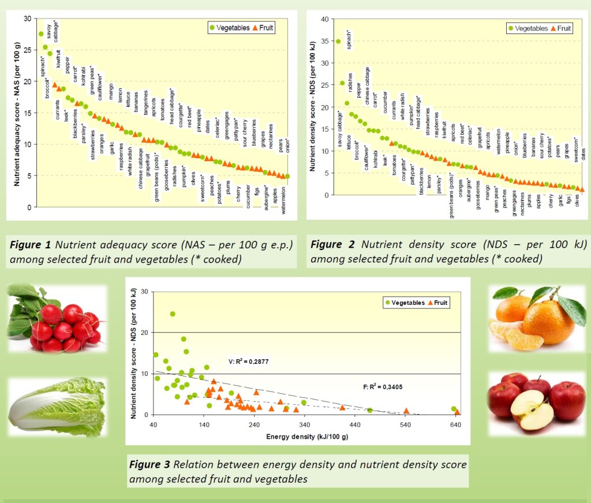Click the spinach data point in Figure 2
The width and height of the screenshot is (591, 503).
click(338, 41)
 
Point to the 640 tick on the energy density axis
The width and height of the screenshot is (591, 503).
click(455, 426)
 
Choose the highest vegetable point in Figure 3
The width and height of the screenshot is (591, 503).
click(173, 314)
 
